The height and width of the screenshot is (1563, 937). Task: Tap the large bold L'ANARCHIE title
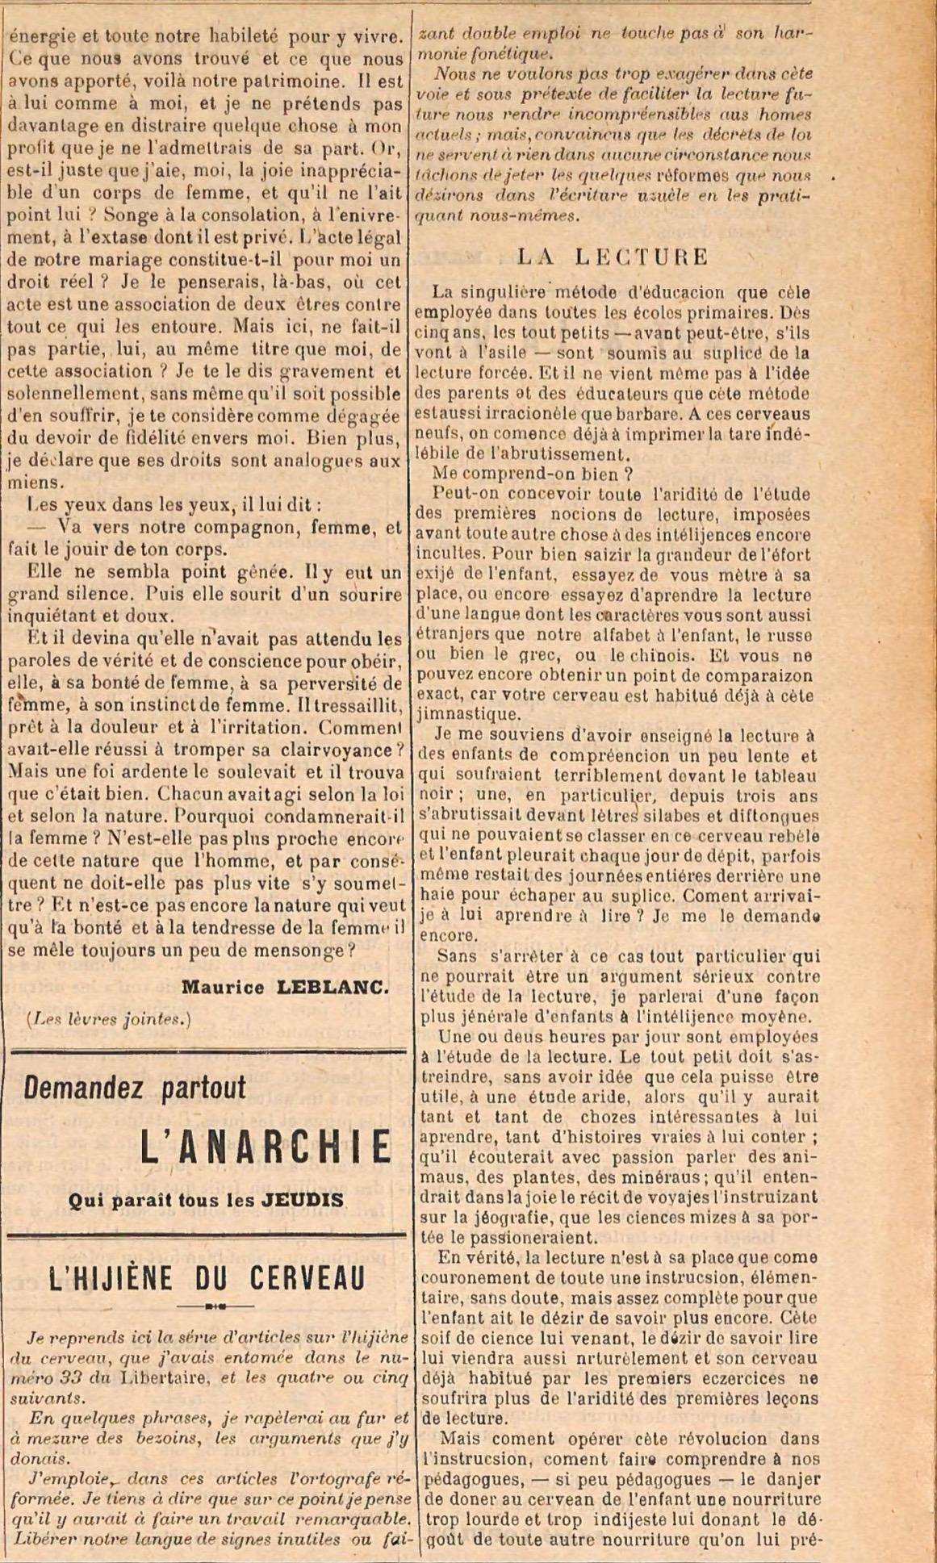click(266, 1147)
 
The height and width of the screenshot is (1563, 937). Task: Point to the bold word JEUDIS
click(303, 1200)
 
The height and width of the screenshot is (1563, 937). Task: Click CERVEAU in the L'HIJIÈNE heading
click(307, 1277)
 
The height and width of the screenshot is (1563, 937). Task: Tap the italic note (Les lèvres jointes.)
click(109, 1019)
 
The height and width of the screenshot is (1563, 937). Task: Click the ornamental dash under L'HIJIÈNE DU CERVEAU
click(214, 1305)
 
